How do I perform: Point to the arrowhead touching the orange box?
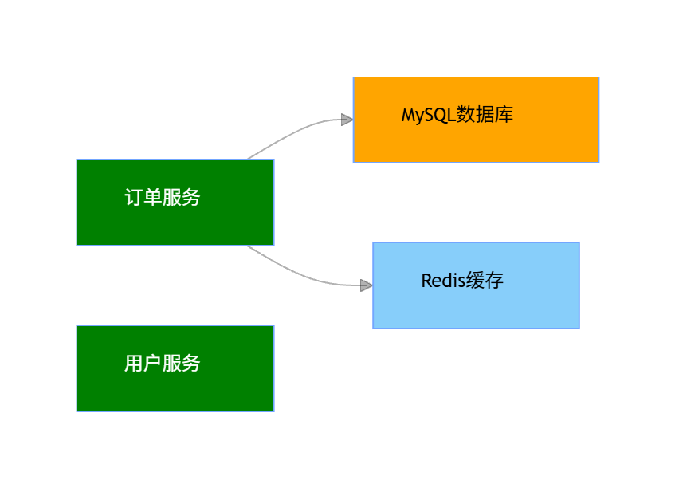347,120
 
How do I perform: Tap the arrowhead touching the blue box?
366,285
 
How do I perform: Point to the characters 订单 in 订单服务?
143,198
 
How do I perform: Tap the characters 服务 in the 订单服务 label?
182,198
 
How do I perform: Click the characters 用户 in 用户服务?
143,364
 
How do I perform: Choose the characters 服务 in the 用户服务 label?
182,364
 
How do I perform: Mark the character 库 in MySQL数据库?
504,114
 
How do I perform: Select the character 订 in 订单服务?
134,198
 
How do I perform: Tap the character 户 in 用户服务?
153,364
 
